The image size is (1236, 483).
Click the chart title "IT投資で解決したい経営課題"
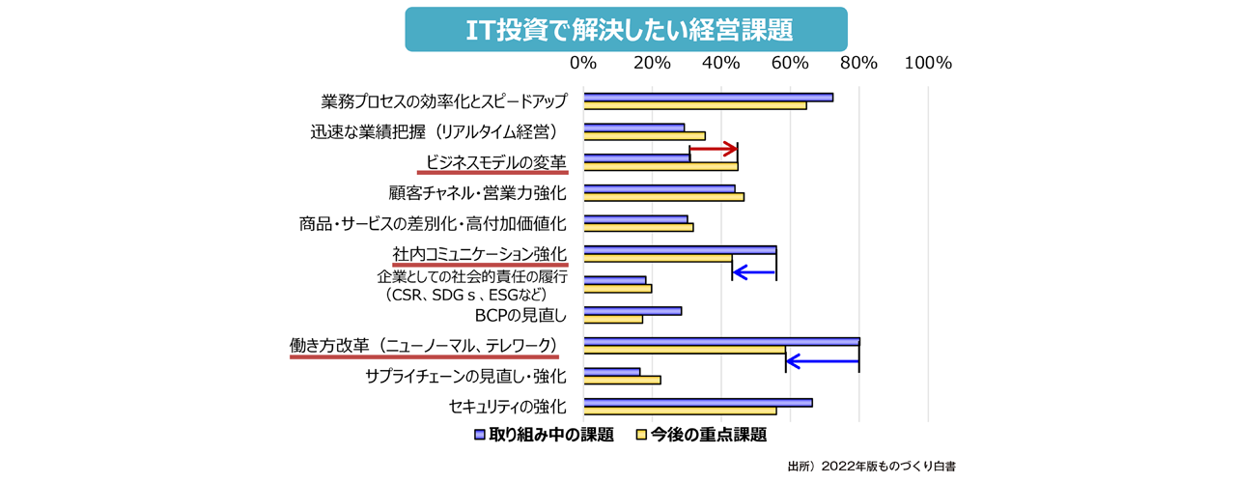[x=626, y=29]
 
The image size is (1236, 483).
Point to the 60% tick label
[x=790, y=63]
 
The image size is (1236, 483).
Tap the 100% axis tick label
[x=928, y=63]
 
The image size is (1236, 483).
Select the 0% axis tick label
[x=583, y=63]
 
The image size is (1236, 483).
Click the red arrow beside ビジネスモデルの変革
[x=714, y=150]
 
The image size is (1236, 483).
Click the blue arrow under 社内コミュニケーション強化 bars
[x=754, y=273]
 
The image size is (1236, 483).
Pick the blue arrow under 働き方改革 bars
[x=823, y=362]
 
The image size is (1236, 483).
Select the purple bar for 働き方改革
[x=721, y=341]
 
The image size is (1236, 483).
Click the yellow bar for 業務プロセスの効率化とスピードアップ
[x=694, y=105]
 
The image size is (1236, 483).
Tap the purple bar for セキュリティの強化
[x=697, y=402]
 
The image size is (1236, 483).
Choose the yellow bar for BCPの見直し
[x=613, y=319]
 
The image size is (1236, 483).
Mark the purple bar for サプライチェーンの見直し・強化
[x=611, y=371]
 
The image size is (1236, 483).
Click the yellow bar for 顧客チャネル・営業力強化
[x=663, y=197]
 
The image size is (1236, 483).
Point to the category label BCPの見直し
[x=520, y=315]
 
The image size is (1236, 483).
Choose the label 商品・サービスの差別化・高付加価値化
[x=433, y=223]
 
